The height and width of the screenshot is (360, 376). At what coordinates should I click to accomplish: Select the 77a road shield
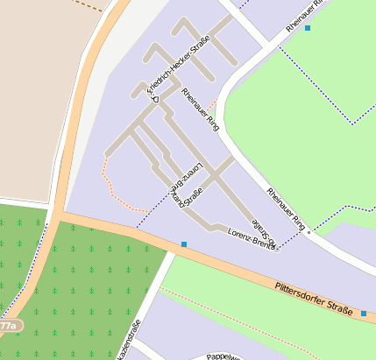point(9,325)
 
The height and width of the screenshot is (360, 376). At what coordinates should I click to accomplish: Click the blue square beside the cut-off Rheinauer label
point(308,28)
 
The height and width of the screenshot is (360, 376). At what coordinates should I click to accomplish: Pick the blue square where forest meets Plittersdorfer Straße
point(184,244)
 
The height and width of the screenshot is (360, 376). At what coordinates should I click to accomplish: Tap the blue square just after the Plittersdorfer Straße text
point(364,313)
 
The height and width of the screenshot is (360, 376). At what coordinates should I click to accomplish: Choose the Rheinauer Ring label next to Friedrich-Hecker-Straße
point(200,109)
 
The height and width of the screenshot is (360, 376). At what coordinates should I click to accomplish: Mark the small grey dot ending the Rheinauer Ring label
point(309,233)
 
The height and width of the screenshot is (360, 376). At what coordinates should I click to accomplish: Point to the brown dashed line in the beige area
point(88,4)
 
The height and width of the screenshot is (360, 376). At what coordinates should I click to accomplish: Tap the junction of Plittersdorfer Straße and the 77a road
point(57,213)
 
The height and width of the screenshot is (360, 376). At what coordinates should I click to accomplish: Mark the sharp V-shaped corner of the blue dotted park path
point(352,123)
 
